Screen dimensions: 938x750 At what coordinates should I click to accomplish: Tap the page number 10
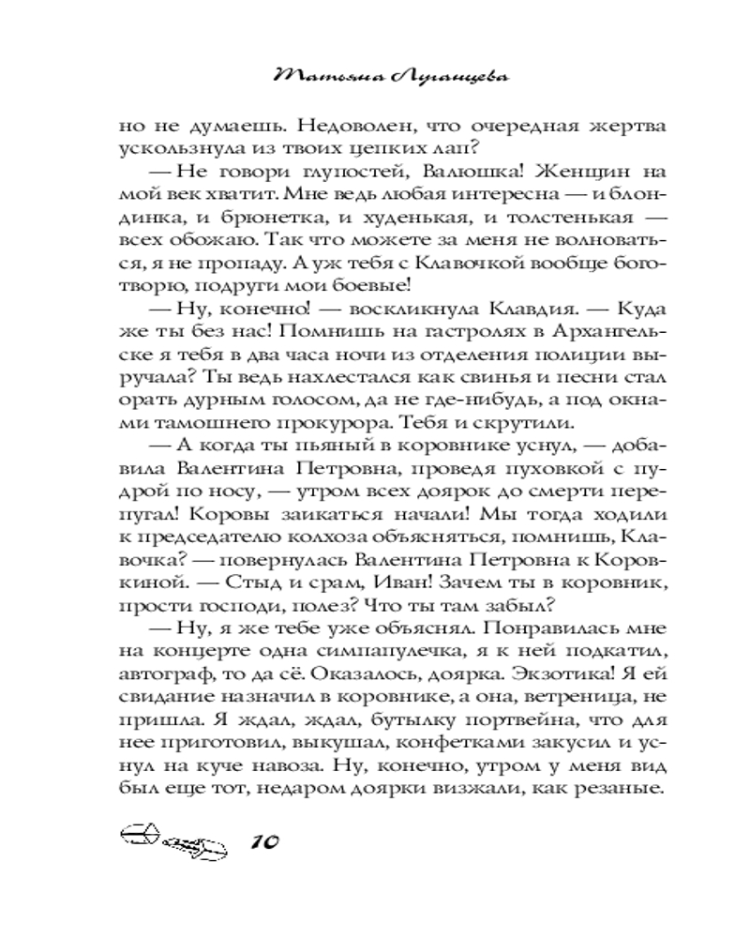pos(266,840)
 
